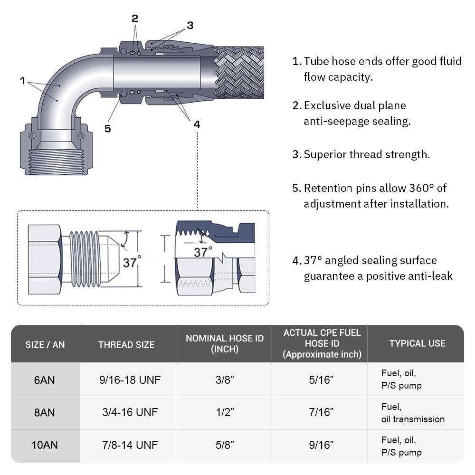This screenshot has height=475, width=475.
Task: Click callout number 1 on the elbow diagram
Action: (22, 81)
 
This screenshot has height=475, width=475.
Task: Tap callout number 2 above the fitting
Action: (135, 19)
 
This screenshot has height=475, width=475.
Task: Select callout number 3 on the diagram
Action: (190, 26)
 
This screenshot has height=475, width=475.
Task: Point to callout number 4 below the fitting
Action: (197, 124)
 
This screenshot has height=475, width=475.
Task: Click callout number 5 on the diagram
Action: (108, 128)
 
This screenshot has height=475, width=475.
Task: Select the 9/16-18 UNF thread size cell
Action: (128, 380)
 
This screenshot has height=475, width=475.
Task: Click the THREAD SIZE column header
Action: (126, 344)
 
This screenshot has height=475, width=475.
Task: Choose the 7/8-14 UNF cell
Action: (128, 446)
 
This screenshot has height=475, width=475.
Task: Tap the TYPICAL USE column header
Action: (417, 343)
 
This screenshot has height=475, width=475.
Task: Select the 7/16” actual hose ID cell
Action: (321, 413)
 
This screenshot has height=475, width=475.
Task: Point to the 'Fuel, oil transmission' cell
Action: (412, 413)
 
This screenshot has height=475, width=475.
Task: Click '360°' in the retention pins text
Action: (421, 188)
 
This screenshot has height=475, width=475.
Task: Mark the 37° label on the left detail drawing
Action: (132, 262)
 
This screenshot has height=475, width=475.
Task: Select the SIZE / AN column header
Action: (45, 344)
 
